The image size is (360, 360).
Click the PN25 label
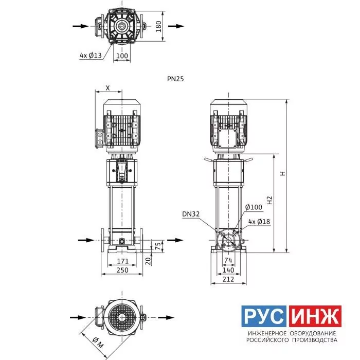tap(175, 79)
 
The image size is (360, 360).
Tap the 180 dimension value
tap(158, 26)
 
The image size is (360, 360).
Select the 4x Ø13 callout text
tap(91, 56)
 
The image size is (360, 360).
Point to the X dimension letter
tap(107, 88)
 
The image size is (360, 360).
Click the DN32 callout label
tap(191, 214)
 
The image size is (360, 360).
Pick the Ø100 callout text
tap(254, 207)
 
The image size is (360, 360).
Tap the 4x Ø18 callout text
tap(259, 222)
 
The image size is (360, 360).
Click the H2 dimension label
tap(269, 200)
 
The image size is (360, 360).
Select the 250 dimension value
tap(122, 270)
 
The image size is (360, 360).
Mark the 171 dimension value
tap(123, 261)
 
